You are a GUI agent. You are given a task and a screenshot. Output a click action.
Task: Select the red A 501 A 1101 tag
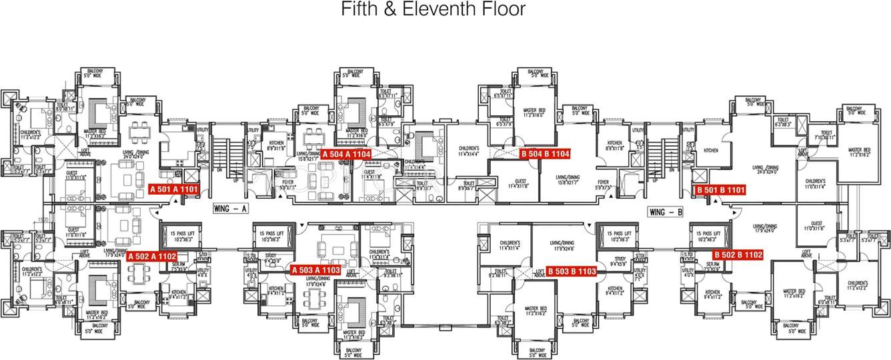[x=174, y=189]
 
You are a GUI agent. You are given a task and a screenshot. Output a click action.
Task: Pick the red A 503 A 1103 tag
[x=316, y=270]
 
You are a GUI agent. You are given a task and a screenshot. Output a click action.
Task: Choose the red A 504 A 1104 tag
[x=345, y=154]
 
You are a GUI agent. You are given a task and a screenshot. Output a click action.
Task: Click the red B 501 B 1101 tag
[x=720, y=190]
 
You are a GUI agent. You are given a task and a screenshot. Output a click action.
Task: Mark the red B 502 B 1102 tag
[x=738, y=254]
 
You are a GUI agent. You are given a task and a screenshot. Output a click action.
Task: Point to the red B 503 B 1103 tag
[x=571, y=271]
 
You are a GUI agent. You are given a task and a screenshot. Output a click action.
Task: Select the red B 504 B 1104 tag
[x=545, y=153]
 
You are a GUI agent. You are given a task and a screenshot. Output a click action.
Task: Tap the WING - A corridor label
[x=231, y=209]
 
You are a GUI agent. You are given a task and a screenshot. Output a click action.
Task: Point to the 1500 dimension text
[x=43, y=219]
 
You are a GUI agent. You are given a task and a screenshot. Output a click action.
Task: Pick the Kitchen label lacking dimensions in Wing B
[x=711, y=151]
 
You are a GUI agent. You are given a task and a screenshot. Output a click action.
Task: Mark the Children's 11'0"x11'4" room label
[x=815, y=184]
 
